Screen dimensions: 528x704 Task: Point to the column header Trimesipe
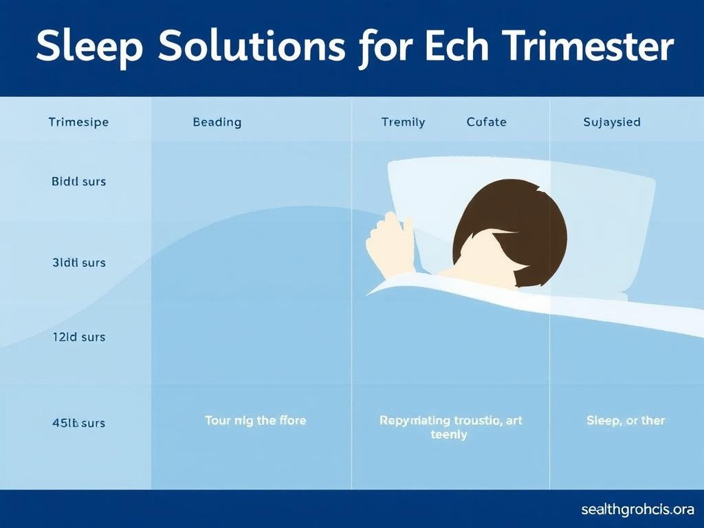tap(78, 122)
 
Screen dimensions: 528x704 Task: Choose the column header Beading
tap(217, 122)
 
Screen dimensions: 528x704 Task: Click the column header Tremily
tap(403, 122)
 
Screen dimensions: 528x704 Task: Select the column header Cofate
tap(486, 122)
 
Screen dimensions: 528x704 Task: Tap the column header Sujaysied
tap(611, 122)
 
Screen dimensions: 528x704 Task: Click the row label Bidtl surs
tap(78, 182)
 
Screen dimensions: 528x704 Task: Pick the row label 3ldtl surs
tap(78, 263)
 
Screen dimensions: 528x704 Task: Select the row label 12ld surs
tap(78, 338)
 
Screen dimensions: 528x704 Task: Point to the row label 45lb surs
tap(78, 423)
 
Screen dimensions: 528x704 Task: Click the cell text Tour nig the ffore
tap(255, 420)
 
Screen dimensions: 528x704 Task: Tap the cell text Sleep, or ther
tap(625, 420)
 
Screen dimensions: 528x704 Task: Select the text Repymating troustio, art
tap(450, 420)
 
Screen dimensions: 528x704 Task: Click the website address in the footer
tap(637, 510)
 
